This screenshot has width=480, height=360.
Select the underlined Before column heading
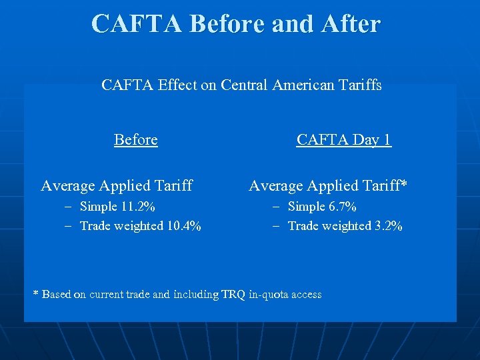click(136, 139)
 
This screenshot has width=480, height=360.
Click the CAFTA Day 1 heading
click(344, 139)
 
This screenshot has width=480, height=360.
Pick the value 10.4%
click(183, 226)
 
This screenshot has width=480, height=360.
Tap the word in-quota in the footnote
click(267, 294)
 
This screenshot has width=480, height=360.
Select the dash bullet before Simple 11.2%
click(68, 207)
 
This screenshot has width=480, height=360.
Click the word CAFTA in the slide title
click(137, 23)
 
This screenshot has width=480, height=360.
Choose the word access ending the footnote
click(305, 294)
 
